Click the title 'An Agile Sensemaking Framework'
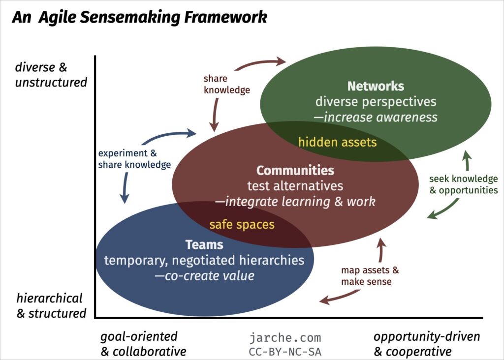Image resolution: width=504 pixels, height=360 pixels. pos(139,18)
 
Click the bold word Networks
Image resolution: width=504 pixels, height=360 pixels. pos(376,86)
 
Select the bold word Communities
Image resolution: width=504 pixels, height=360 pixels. pos(295,171)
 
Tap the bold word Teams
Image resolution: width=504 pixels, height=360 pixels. pos(204,244)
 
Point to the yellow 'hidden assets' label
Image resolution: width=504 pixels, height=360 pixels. pos(337,143)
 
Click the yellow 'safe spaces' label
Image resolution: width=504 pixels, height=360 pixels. pos(242,225)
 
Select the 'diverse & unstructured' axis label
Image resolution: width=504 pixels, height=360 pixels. pos(51,74)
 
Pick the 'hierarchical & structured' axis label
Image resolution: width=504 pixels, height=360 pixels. pos(51,305)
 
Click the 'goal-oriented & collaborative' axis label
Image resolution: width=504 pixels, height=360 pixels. pos(143,344)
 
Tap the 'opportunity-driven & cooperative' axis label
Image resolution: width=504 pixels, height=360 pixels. pos(426,344)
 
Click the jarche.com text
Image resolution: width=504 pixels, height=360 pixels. pos(285,338)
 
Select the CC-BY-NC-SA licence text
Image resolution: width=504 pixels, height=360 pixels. pos(285,352)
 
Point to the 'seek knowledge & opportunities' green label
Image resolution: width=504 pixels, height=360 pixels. pos(463,184)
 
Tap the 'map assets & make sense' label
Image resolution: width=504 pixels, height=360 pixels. pos(370,276)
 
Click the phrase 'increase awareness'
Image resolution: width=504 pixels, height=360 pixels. pos(380,117)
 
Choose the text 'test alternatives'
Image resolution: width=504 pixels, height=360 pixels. pos(295,186)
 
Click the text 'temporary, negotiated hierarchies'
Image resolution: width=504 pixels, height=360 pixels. pos(204,260)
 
